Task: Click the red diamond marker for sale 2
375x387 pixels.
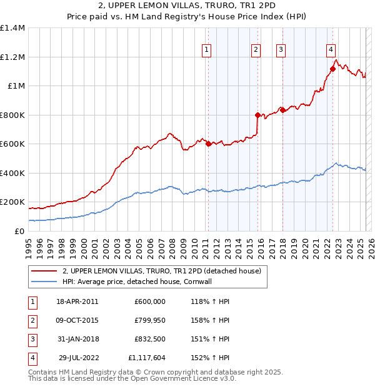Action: click(257, 115)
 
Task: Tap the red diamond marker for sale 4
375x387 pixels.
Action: click(332, 69)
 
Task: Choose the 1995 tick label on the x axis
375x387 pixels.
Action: click(29, 246)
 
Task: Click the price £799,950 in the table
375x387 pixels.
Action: click(150, 320)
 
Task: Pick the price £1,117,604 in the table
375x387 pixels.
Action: click(147, 358)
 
